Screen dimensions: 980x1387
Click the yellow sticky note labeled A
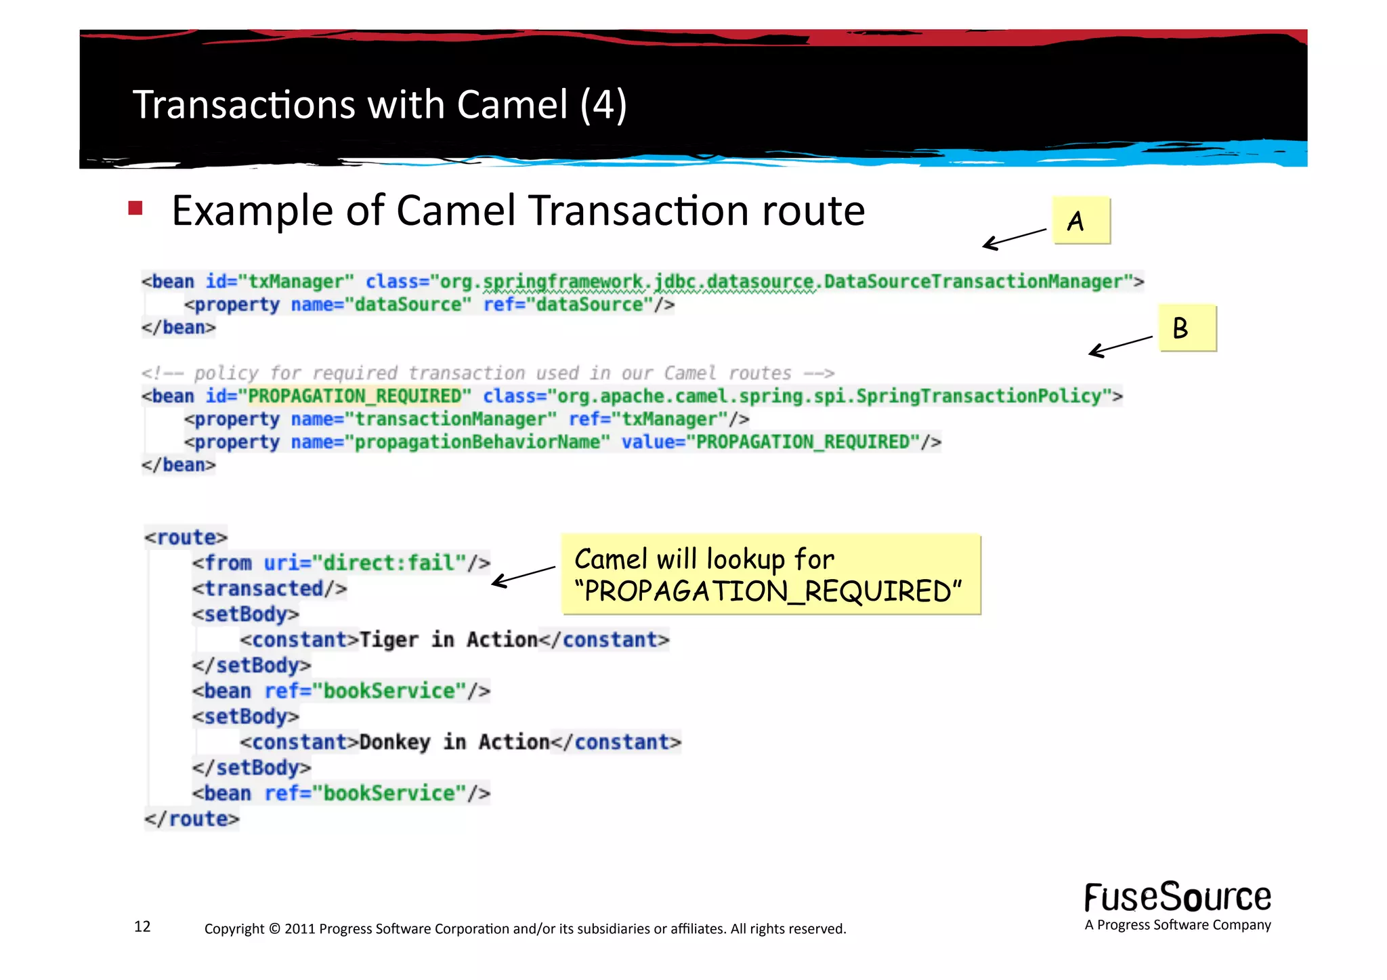pos(1080,220)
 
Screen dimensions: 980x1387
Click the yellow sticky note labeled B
pos(1187,328)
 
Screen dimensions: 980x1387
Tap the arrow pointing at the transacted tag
pos(523,575)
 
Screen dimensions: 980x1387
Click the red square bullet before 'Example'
pos(135,208)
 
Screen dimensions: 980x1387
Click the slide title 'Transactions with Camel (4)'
pos(379,104)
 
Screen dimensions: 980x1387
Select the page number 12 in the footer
pos(142,926)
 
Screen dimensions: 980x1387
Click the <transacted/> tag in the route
pos(269,589)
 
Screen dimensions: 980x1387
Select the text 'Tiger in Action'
pos(448,639)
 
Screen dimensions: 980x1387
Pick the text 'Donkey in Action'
pos(454,742)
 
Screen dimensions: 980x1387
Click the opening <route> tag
pos(186,538)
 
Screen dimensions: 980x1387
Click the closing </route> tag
pos(192,819)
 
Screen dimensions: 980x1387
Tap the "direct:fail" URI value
pos(389,563)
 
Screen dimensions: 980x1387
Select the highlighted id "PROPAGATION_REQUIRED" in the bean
pos(354,396)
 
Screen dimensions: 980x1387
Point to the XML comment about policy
pos(488,373)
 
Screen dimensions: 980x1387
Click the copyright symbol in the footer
pos(274,929)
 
